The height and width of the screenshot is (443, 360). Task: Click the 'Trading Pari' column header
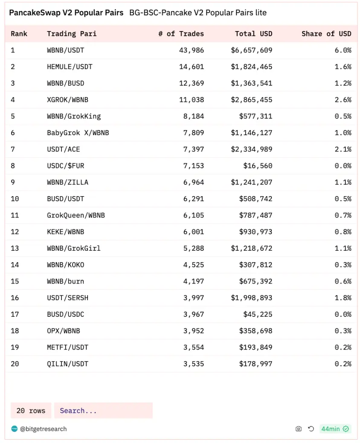pyautogui.click(x=72, y=34)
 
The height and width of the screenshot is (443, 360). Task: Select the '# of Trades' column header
pyautogui.click(x=181, y=34)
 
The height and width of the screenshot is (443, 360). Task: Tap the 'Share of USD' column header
pyautogui.click(x=326, y=34)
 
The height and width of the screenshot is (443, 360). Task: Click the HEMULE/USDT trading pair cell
pyautogui.click(x=70, y=67)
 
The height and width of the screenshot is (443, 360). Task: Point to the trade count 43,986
pyautogui.click(x=192, y=50)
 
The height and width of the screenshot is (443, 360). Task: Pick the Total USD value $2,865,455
pyautogui.click(x=252, y=100)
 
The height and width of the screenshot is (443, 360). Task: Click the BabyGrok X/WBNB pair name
pyautogui.click(x=78, y=133)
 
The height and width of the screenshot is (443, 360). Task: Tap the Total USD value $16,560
pyautogui.click(x=258, y=166)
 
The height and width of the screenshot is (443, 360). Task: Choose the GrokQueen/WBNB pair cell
pyautogui.click(x=76, y=215)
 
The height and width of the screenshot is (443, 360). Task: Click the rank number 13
pyautogui.click(x=15, y=248)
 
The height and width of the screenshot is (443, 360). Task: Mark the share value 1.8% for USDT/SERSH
pyautogui.click(x=343, y=298)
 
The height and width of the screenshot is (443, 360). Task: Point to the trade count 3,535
pyautogui.click(x=194, y=364)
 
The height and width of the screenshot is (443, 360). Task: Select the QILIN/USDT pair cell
pyautogui.click(x=68, y=364)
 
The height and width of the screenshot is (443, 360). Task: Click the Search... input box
pyautogui.click(x=103, y=411)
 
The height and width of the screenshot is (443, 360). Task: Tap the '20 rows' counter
pyautogui.click(x=31, y=411)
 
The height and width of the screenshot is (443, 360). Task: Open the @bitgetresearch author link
pyautogui.click(x=43, y=429)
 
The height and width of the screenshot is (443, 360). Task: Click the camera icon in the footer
pyautogui.click(x=299, y=429)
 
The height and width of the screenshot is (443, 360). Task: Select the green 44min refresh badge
pyautogui.click(x=335, y=429)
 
